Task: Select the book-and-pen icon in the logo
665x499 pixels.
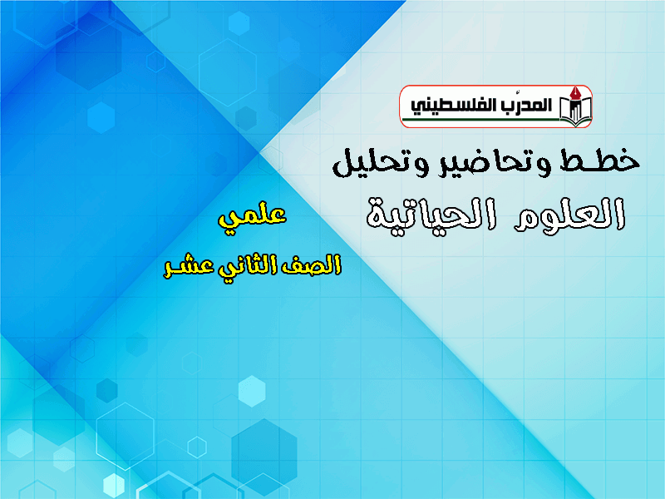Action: tap(574, 106)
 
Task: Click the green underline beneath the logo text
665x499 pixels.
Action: tap(480, 120)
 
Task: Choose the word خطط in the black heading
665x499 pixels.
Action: tap(598, 161)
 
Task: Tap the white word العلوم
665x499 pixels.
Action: tap(569, 215)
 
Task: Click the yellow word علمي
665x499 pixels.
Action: tap(253, 216)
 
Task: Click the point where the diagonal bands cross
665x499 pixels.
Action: tap(259, 151)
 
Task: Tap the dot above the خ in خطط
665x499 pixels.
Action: tap(624, 150)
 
